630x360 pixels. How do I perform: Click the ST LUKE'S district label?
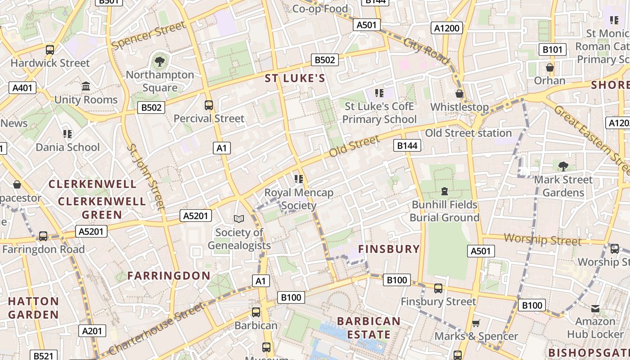point(295,79)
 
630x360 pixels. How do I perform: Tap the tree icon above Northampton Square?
point(159,61)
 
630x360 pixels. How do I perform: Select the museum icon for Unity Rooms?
point(85,86)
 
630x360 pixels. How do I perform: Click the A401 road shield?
point(22,88)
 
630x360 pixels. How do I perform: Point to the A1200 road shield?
point(446,28)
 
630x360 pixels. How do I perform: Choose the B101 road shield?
point(552,49)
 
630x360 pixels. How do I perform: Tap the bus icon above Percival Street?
point(208,105)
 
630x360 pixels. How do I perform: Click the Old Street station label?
point(468,133)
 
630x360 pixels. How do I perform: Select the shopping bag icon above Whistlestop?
point(459,94)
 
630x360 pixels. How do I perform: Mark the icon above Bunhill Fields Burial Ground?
point(445,191)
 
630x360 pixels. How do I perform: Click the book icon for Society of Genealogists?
point(238,219)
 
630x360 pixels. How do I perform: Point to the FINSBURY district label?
point(389,249)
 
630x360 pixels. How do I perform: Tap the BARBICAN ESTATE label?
point(369,328)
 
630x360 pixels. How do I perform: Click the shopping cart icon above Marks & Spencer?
point(476,323)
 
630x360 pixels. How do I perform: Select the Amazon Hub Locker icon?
point(595,308)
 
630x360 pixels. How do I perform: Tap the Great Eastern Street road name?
point(591,140)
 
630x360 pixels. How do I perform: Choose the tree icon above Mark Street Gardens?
point(563,166)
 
